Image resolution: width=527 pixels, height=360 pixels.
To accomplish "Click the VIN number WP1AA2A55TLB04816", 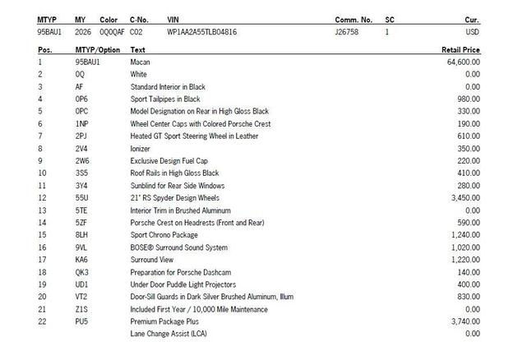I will pyautogui.click(x=201, y=32).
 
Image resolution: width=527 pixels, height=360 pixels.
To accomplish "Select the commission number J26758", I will pyautogui.click(x=347, y=32).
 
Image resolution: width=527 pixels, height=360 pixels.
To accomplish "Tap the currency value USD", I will pyautogui.click(x=472, y=32).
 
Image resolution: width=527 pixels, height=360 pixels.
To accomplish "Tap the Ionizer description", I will pyautogui.click(x=141, y=148).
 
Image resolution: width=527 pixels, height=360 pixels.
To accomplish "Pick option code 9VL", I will pyautogui.click(x=81, y=247).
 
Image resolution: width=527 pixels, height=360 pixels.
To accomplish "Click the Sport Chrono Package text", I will pyautogui.click(x=165, y=234).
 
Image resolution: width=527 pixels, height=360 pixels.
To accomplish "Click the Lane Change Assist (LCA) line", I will pyautogui.click(x=168, y=333).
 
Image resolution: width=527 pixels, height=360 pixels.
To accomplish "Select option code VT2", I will pyautogui.click(x=81, y=296).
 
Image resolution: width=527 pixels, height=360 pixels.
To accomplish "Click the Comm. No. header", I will pyautogui.click(x=354, y=18).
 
